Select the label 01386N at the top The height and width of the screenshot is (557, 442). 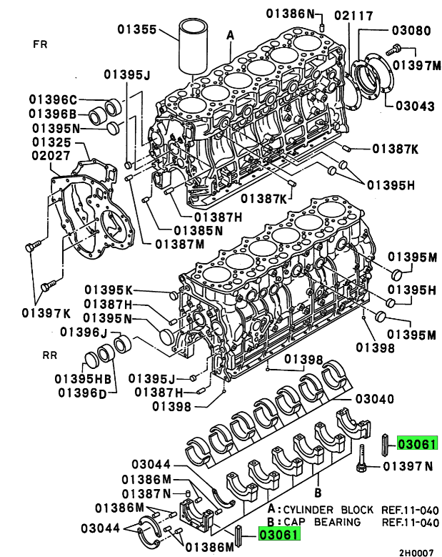tap(291, 13)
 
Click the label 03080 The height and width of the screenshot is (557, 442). tap(411, 31)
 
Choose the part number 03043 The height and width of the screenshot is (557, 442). tap(413, 106)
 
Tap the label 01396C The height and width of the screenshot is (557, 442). tap(53, 99)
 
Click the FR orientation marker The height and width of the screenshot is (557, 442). tap(41, 44)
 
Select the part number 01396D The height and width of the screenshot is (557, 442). tap(82, 392)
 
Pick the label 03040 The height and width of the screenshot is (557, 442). tap(375, 398)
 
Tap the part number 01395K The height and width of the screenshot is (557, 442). tap(109, 290)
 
